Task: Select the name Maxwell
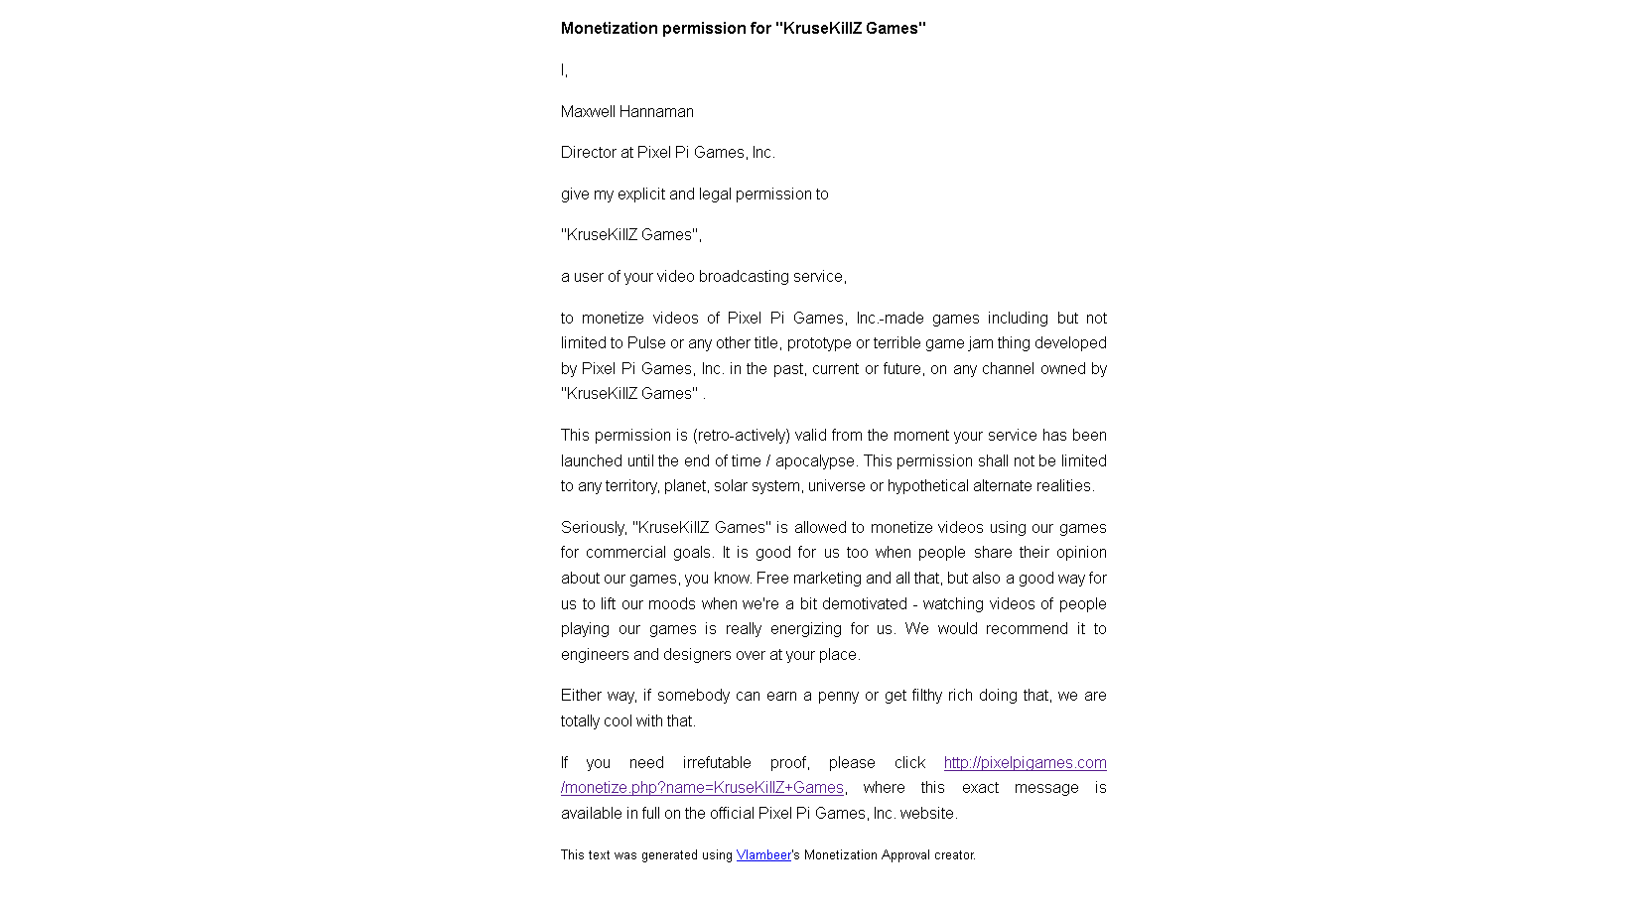pos(588,112)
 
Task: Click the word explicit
pos(640,195)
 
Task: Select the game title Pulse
pos(646,343)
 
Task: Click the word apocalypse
pos(816,461)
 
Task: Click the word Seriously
pos(593,528)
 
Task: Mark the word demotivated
pos(867,604)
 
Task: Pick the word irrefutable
pos(717,763)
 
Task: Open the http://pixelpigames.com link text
pos(1025,763)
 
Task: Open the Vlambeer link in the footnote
pos(763,855)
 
